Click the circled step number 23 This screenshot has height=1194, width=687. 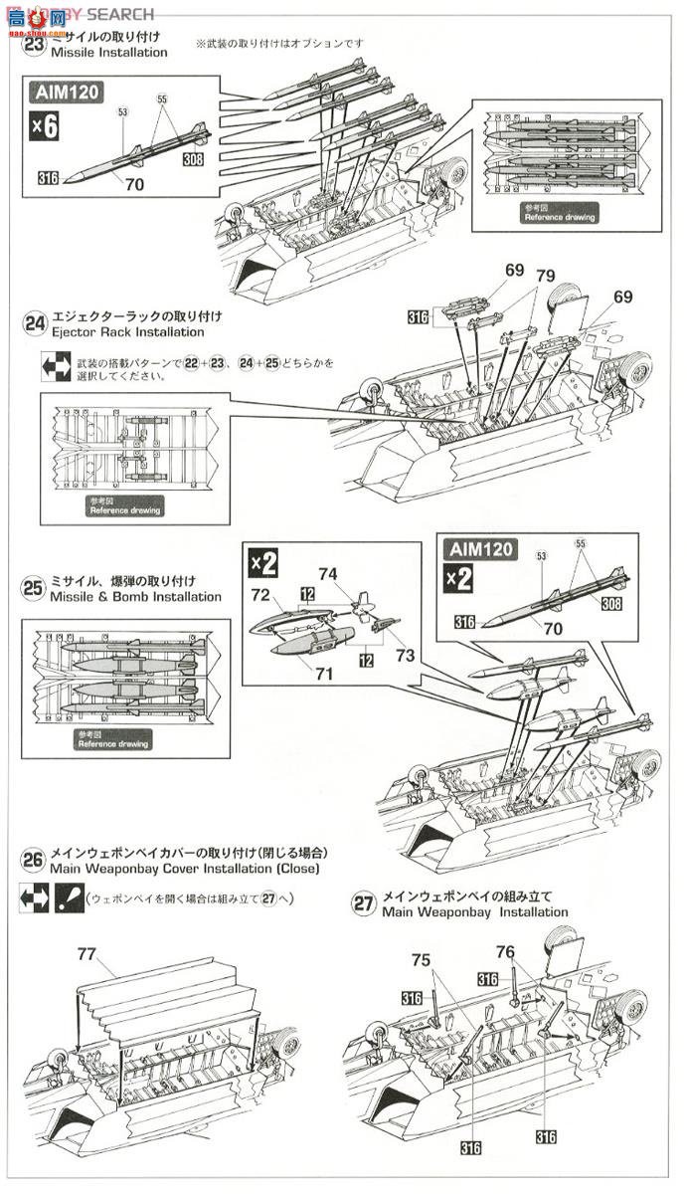pyautogui.click(x=35, y=45)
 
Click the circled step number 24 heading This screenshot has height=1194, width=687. pyautogui.click(x=35, y=323)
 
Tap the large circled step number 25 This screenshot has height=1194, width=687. pyautogui.click(x=34, y=589)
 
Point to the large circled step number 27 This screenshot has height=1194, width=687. pyautogui.click(x=364, y=903)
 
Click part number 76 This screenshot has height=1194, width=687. pyautogui.click(x=506, y=952)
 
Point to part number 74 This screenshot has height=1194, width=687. pyautogui.click(x=329, y=574)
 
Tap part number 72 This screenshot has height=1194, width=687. pyautogui.click(x=261, y=595)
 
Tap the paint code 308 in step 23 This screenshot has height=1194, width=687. pyautogui.click(x=193, y=157)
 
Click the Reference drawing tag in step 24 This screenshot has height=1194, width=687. pyautogui.click(x=124, y=508)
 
